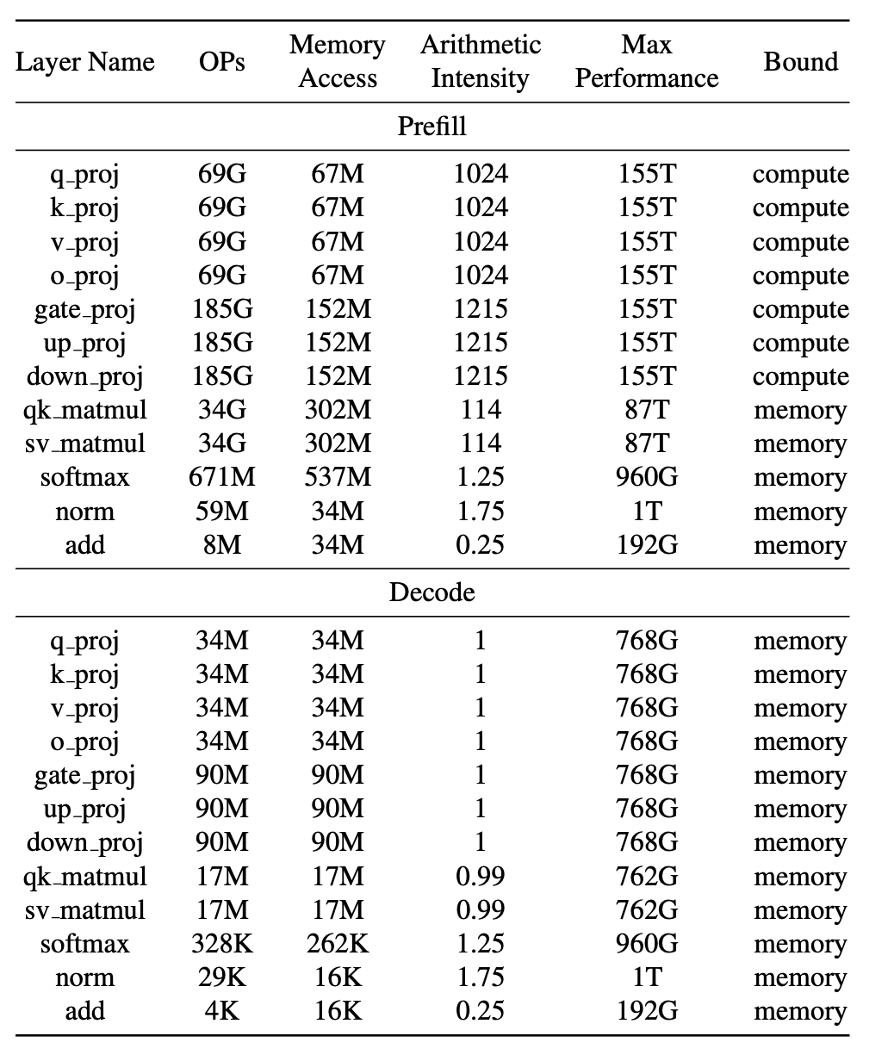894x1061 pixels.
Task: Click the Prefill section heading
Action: click(431, 127)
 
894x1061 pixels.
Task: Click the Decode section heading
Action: click(431, 593)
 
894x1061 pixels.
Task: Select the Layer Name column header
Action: click(84, 62)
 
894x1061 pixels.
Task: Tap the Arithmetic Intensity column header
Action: click(480, 61)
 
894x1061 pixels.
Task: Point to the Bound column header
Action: click(800, 62)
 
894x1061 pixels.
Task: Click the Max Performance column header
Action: click(646, 61)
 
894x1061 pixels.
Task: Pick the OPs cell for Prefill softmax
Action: click(221, 477)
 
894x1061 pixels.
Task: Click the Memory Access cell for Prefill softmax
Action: click(338, 477)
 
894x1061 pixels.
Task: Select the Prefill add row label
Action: click(84, 545)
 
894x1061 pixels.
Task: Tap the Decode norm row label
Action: click(84, 977)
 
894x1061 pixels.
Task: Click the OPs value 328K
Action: click(221, 944)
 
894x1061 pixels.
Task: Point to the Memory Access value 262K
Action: click(338, 944)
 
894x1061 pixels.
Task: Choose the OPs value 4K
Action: click(221, 1011)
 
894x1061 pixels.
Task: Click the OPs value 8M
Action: click(221, 545)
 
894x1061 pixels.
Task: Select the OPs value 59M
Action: click(221, 512)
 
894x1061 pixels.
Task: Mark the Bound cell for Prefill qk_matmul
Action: click(800, 410)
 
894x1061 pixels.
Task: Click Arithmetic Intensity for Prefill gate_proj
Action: click(481, 309)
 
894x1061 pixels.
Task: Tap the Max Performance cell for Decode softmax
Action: click(646, 944)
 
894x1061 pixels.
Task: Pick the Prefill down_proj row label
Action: click(84, 377)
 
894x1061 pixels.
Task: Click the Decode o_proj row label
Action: click(84, 741)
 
